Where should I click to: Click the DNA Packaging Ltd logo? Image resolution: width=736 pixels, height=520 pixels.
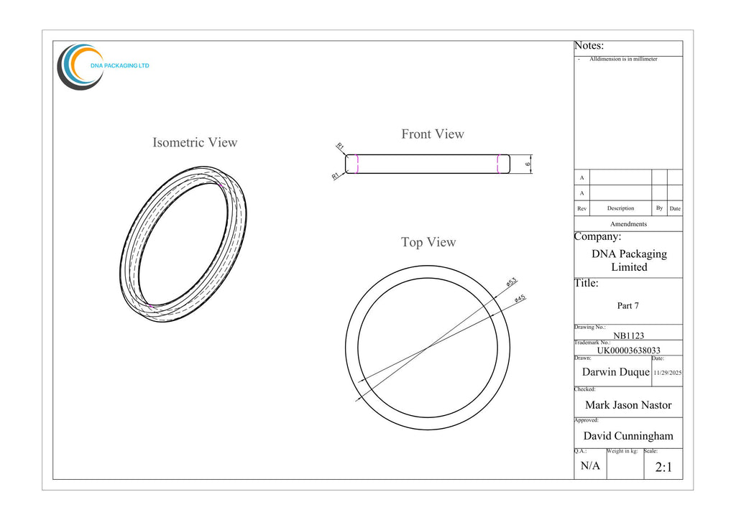pos(103,67)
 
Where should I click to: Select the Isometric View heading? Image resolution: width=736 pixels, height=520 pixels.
pos(195,142)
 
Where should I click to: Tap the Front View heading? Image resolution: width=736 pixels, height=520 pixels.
pos(432,134)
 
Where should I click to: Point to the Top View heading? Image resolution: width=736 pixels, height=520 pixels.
pos(428,243)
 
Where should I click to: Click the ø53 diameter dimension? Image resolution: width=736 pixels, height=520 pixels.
pos(512,282)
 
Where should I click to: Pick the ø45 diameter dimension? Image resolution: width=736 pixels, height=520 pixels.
pos(520,298)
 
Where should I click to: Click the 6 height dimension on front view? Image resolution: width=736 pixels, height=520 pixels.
pos(528,164)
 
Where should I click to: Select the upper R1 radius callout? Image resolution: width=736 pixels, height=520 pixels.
pos(340,147)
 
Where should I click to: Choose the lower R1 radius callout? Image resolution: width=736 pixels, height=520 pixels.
pos(335,176)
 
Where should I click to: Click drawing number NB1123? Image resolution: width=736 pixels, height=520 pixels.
pos(628,335)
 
